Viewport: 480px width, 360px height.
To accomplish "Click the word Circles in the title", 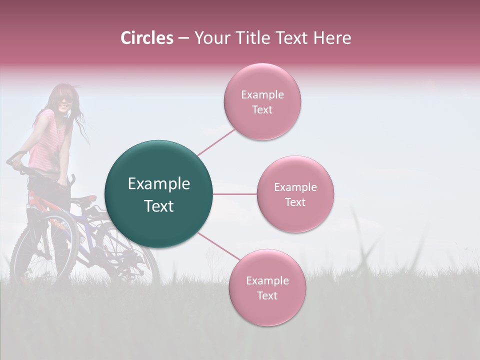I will (x=146, y=38).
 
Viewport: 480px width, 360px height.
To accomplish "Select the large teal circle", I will (x=158, y=194).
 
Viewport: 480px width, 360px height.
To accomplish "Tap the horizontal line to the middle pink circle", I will (x=234, y=194).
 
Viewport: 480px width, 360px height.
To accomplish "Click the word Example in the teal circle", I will (x=158, y=183).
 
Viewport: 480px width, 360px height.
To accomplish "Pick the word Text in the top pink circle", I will (x=262, y=109).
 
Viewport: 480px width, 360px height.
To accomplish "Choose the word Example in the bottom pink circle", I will (x=267, y=280).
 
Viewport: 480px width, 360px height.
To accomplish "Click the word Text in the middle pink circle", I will (x=295, y=202).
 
